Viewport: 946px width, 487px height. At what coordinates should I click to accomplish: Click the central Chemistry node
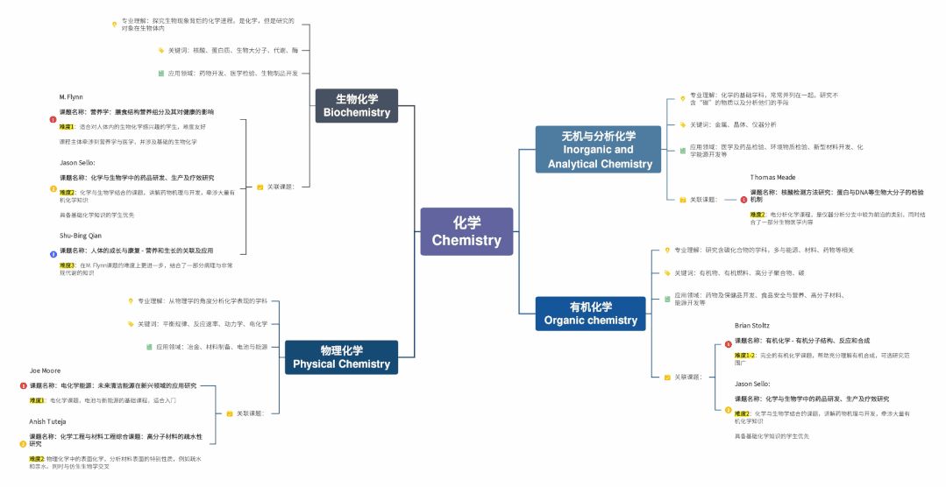point(466,231)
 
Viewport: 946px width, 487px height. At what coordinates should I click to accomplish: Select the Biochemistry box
point(356,105)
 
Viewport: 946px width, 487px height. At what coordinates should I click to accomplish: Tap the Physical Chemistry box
point(341,357)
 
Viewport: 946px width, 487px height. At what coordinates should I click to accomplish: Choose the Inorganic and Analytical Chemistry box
point(600,150)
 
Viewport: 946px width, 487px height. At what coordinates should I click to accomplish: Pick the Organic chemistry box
point(590,314)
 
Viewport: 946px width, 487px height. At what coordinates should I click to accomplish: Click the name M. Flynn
point(71,96)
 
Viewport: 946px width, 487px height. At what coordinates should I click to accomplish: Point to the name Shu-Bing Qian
point(81,236)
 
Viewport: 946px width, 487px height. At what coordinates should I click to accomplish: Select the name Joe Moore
point(46,371)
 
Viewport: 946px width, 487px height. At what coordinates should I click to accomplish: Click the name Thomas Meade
point(772,177)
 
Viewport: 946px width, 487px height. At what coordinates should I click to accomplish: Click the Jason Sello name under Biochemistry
point(77,163)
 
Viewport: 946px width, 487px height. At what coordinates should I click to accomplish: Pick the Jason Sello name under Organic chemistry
point(752,384)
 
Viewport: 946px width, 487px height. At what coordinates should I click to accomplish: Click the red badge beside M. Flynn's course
point(53,120)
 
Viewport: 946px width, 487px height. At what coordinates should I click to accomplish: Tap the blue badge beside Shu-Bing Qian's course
point(53,254)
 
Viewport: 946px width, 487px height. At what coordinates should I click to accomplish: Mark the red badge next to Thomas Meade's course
point(743,200)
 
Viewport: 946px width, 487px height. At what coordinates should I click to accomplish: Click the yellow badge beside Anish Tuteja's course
point(24,444)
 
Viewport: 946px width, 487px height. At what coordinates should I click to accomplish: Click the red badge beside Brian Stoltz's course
point(728,344)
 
